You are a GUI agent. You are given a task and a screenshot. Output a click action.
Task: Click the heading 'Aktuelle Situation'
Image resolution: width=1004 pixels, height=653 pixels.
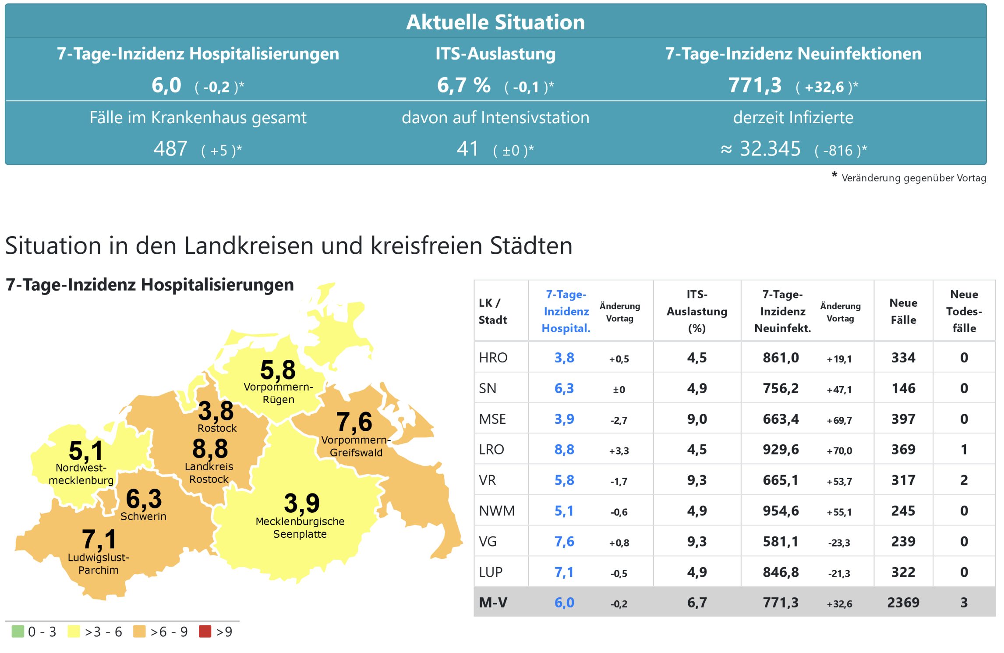[495, 22]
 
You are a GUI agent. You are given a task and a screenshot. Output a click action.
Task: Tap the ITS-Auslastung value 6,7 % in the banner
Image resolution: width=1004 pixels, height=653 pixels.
[463, 85]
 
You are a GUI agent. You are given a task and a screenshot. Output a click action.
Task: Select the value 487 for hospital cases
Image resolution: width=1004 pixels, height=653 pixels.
[170, 149]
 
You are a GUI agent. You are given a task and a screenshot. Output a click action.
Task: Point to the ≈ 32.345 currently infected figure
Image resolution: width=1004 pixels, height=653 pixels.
[761, 149]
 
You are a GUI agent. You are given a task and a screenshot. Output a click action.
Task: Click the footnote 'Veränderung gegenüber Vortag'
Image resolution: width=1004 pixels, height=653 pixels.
[913, 178]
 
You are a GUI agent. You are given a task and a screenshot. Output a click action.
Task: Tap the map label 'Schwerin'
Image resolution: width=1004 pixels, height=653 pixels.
[143, 516]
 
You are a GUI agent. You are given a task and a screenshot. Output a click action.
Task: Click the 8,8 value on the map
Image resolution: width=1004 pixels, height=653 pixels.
[210, 449]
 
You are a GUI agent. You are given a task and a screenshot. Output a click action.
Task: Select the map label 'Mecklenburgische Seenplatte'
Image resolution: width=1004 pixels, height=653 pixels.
[300, 528]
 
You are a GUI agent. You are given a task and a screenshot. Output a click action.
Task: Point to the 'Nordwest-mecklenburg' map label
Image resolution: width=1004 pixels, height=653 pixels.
[81, 474]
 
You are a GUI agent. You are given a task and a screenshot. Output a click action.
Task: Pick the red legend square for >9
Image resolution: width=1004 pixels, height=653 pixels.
[205, 631]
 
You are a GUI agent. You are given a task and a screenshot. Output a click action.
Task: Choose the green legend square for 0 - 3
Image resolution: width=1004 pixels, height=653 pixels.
[18, 631]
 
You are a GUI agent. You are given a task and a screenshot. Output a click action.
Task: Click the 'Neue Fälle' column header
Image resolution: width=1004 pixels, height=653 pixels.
[903, 311]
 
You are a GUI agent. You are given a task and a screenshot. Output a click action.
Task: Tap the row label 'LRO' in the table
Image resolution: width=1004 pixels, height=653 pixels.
[491, 450]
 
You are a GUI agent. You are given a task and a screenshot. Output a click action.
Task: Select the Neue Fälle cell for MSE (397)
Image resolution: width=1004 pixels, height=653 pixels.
[903, 419]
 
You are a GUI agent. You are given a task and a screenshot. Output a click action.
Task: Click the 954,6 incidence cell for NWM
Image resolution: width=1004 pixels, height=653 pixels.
[781, 511]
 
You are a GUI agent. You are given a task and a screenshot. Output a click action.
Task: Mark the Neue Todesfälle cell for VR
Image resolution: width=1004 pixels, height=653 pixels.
[964, 480]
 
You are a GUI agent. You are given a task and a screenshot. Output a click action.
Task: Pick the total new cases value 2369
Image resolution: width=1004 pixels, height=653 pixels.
[903, 603]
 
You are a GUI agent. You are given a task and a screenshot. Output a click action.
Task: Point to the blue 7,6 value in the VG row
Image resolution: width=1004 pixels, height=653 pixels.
[564, 542]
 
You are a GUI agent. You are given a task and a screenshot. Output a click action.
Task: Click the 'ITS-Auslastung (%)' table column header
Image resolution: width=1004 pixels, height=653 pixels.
[697, 311]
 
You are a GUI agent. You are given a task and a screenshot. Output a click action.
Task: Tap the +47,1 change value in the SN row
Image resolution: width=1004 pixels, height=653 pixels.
[839, 390]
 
